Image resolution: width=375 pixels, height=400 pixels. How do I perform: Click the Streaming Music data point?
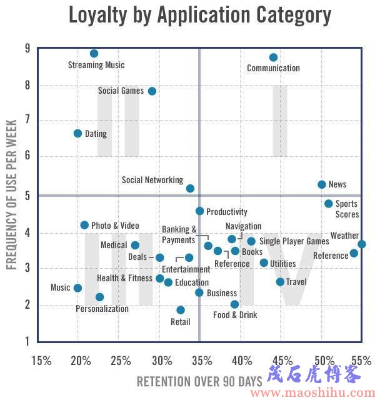pyautogui.click(x=94, y=54)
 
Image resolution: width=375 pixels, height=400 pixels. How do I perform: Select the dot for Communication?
pyautogui.click(x=274, y=57)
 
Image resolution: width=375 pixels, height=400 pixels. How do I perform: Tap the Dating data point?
pyautogui.click(x=77, y=133)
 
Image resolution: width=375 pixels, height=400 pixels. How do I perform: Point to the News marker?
pyautogui.click(x=322, y=184)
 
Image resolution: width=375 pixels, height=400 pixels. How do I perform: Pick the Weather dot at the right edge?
pyautogui.click(x=361, y=244)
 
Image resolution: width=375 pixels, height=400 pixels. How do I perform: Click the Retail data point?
pyautogui.click(x=181, y=310)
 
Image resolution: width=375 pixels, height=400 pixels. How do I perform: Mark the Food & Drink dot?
pyautogui.click(x=235, y=304)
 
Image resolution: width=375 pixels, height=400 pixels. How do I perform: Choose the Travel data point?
pyautogui.click(x=280, y=282)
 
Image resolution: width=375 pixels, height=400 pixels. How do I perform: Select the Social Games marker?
pyautogui.click(x=152, y=91)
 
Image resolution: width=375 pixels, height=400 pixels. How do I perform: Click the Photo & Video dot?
pyautogui.click(x=84, y=225)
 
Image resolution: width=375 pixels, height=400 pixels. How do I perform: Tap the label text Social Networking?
pyautogui.click(x=152, y=180)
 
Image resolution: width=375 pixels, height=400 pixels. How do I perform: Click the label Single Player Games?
pyautogui.click(x=294, y=241)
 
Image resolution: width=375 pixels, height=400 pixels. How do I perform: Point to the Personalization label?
pyautogui.click(x=102, y=309)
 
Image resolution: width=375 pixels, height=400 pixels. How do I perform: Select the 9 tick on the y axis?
pyautogui.click(x=27, y=48)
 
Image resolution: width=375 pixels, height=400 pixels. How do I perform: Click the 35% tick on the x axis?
pyautogui.click(x=202, y=361)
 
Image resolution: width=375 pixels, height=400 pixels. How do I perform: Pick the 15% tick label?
pyautogui.click(x=42, y=361)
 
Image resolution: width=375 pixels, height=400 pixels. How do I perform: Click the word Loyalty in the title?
pyautogui.click(x=97, y=15)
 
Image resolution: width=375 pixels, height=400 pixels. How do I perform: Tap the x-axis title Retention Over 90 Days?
pyautogui.click(x=199, y=382)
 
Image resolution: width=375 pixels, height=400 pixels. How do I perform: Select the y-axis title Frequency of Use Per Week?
pyautogui.click(x=11, y=194)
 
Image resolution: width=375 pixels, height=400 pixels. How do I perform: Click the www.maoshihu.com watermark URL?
pyautogui.click(x=312, y=393)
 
